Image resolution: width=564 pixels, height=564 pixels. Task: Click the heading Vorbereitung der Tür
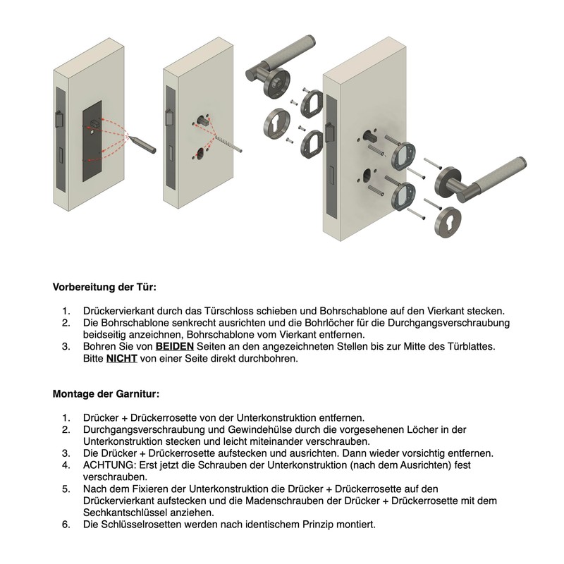pos(104,288)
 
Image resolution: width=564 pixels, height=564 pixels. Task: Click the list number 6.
pos(66,525)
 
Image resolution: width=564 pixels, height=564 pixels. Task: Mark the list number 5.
pos(66,489)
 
